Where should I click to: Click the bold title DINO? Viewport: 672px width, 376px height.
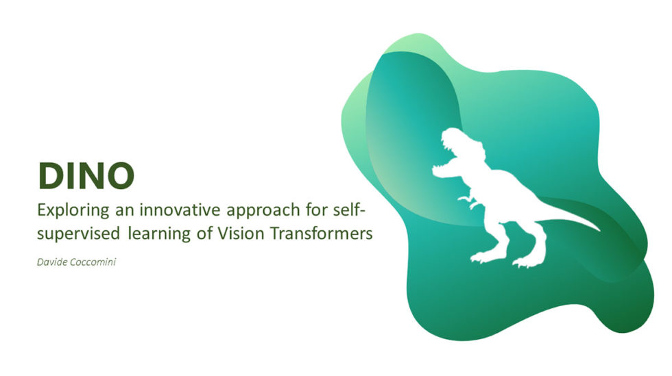coord(86,176)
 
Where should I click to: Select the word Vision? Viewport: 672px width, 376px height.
coord(239,233)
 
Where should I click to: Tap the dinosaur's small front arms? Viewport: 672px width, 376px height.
coord(468,201)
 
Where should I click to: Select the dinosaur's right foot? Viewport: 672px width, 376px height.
coord(528,261)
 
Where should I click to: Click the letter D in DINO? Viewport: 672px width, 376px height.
coord(51,176)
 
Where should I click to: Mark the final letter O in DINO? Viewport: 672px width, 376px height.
coord(121,176)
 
